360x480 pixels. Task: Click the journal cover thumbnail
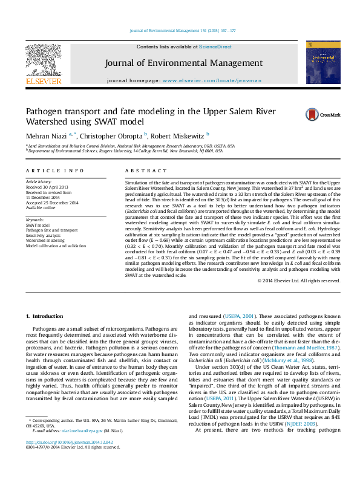[318, 62]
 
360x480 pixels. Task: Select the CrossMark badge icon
[313, 114]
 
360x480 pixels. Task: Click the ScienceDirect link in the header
[216, 47]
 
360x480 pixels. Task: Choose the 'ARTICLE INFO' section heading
[54, 172]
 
